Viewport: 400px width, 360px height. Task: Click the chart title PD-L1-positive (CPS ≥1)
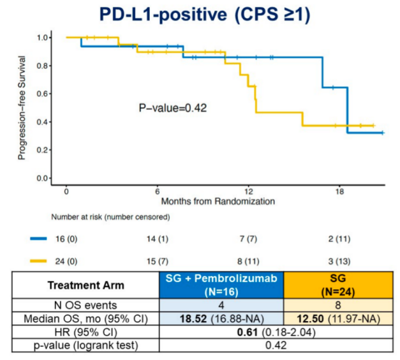tap(200, 14)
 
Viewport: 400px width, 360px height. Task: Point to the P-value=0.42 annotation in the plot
tap(172, 108)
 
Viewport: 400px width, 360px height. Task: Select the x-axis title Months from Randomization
tap(218, 200)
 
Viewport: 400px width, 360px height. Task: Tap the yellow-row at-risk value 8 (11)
tap(249, 260)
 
